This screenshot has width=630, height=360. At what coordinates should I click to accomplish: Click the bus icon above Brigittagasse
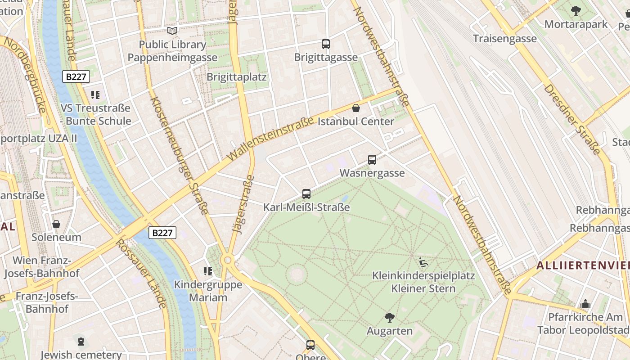[326, 44]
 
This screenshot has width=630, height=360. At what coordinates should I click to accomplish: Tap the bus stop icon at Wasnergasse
[372, 160]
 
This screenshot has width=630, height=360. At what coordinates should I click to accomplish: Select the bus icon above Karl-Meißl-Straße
[306, 194]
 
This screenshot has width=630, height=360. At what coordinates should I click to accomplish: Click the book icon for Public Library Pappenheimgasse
[172, 31]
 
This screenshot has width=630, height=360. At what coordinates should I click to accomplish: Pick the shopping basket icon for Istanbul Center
[356, 108]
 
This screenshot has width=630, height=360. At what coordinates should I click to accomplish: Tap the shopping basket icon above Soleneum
[56, 224]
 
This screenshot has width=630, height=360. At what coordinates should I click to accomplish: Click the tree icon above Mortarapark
[576, 11]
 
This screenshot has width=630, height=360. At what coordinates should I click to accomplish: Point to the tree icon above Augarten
[390, 318]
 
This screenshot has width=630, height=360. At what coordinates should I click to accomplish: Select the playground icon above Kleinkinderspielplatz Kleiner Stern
[423, 262]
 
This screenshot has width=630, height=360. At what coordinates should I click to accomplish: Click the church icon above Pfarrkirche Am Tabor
[585, 304]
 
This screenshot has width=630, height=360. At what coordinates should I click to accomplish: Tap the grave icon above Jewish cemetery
[81, 342]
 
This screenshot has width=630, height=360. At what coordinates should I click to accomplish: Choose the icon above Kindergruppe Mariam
[208, 271]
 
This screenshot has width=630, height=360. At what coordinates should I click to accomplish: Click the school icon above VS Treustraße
[95, 95]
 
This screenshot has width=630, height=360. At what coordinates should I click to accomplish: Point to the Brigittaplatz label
[236, 77]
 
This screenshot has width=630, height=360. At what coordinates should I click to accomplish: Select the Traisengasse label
[504, 39]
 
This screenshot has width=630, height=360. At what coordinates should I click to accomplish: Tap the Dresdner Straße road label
[571, 119]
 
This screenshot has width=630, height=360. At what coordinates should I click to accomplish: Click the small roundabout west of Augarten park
[228, 260]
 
